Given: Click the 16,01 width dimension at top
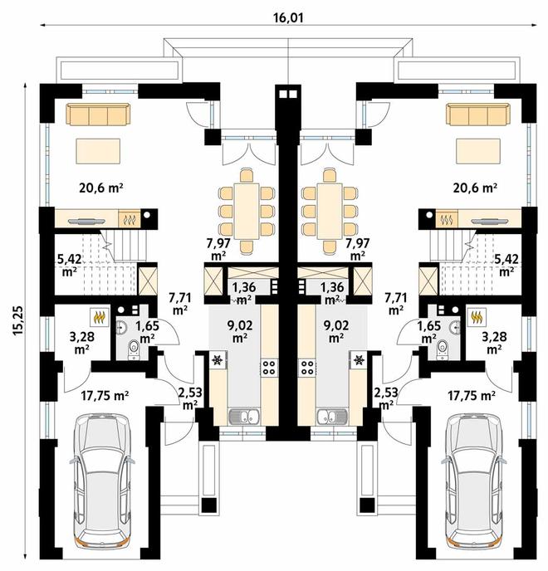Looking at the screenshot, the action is [288, 17].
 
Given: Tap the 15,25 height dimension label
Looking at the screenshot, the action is [18, 320].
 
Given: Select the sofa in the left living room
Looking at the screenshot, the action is [98, 114].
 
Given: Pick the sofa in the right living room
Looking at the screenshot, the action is [478, 114].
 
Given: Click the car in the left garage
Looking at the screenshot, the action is [102, 481].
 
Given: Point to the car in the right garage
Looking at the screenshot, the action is [473, 481].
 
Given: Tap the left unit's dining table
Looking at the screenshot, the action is [247, 211].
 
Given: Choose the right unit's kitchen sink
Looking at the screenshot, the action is [331, 417].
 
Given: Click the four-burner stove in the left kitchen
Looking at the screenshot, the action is [269, 368].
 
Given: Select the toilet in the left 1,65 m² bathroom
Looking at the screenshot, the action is [134, 349].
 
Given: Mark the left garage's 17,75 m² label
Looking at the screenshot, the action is [105, 396].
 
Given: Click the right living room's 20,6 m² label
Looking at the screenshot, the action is [475, 188].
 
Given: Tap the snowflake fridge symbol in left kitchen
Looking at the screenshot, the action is [218, 360].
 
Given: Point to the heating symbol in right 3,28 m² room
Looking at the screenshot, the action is [477, 317].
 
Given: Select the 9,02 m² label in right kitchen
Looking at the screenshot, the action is [336, 331].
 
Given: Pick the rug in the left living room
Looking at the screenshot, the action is [98, 151].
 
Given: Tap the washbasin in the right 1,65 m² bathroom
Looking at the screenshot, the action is [455, 328].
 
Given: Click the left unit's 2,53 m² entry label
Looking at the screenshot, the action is [190, 398].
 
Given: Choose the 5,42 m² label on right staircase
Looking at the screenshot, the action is [506, 266].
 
